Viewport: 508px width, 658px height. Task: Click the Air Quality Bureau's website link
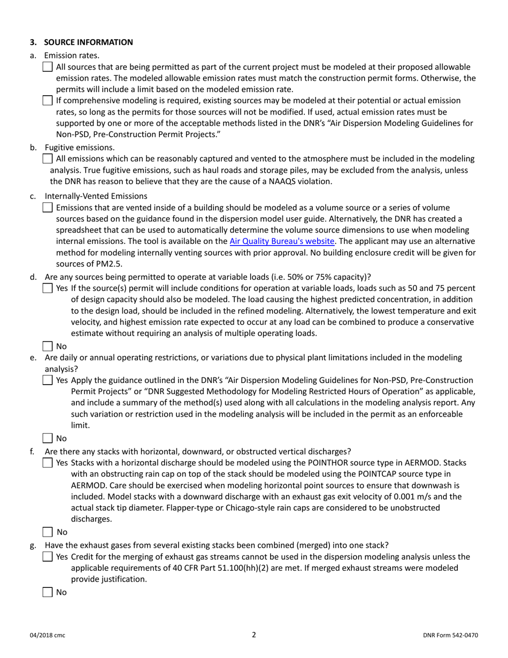(282, 241)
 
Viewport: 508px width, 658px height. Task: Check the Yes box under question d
(48, 288)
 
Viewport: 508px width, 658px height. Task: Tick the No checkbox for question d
(48, 346)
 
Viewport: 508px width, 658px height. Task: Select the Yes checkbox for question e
(48, 380)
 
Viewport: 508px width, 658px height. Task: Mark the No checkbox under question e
(48, 438)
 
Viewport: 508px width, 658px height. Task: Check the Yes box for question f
(48, 462)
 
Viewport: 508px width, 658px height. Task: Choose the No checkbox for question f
(48, 532)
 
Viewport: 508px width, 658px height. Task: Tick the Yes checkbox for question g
(48, 557)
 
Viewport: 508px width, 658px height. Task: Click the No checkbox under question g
(48, 592)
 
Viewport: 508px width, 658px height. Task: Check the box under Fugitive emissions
(48, 159)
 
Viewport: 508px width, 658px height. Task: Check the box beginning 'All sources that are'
(48, 67)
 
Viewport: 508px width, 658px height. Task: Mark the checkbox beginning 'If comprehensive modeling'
(48, 101)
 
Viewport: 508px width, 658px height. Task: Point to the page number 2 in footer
(254, 635)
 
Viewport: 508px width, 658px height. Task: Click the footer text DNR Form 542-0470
(450, 636)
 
